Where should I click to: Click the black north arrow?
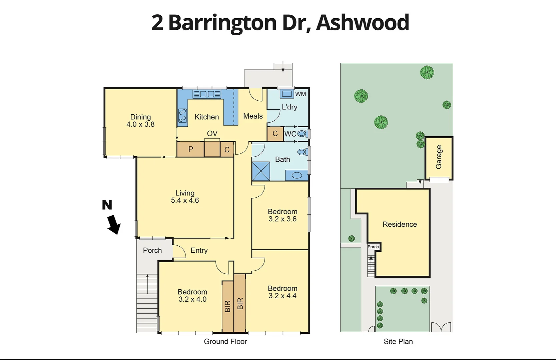pos(114,224)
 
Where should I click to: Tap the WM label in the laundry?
pos(301,94)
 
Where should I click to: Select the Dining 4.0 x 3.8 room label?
pos(140,121)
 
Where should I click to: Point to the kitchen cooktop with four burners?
pos(182,116)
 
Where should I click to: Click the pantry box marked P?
pos(190,149)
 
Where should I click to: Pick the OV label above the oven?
pos(212,133)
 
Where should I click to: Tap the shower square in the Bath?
pos(261,171)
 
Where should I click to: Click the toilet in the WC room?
pos(302,134)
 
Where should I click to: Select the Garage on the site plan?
pos(439,157)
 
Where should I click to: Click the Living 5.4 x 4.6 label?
pos(185,197)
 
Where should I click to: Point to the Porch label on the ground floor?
pos(152,250)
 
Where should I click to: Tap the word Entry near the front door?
pos(199,250)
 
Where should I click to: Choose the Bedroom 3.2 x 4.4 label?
pos(283,292)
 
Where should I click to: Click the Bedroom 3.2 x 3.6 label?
pos(283,215)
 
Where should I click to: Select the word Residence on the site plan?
pos(400,224)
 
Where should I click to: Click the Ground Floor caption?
pos(225,341)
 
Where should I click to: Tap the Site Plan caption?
pos(398,341)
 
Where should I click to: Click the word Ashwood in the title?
pos(363,22)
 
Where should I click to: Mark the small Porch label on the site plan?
pos(373,247)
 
